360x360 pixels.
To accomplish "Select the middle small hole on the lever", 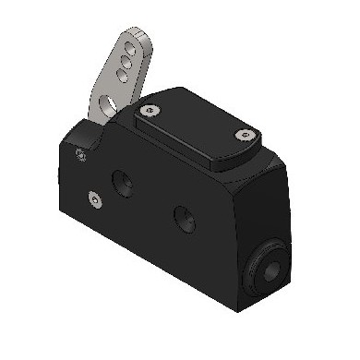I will [x=124, y=65].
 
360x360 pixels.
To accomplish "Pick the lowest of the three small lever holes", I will [x=120, y=76].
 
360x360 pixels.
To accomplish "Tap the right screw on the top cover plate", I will [x=242, y=135].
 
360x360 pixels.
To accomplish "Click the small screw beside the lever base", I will [x=82, y=152].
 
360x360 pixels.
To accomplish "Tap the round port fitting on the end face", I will [x=270, y=266].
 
